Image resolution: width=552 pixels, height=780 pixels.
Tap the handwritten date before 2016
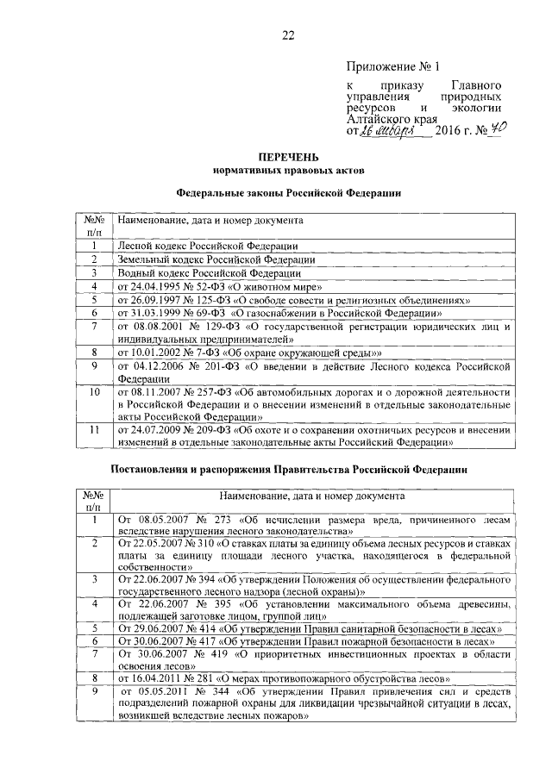[388, 130]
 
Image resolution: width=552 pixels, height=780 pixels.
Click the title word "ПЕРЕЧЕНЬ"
[288, 158]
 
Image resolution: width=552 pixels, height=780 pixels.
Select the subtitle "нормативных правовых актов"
[288, 172]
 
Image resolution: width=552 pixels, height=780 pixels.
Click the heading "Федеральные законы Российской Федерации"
[288, 196]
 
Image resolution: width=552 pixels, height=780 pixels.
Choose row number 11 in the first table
[93, 428]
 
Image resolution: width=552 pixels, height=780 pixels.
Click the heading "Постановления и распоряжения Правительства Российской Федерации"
[288, 471]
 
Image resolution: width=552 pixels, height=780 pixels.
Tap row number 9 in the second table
[93, 691]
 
